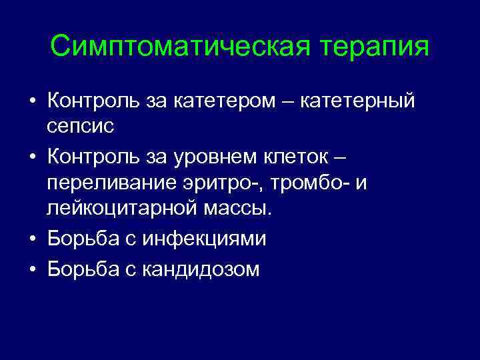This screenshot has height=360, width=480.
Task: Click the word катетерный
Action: coord(358,101)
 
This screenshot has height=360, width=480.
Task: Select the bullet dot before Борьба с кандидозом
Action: coord(33,269)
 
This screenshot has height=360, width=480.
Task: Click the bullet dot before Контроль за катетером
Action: coord(33,102)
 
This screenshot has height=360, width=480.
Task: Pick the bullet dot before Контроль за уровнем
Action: coord(33,157)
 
